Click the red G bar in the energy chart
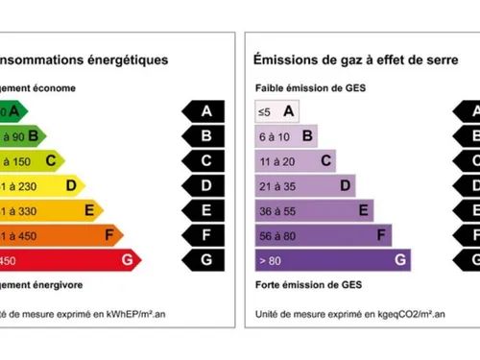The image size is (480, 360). click(67, 259)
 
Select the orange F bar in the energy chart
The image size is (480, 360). click(58, 234)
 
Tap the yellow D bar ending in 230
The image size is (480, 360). click(38, 185)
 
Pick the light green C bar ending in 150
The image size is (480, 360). click(29, 160)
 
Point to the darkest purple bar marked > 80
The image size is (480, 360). click(331, 259)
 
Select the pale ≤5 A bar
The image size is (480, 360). click(277, 111)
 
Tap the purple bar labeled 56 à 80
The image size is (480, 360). click(323, 234)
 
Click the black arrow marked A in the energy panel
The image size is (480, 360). click(204, 111)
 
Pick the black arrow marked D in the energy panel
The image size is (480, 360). click(204, 185)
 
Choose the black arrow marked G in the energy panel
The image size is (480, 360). click(204, 259)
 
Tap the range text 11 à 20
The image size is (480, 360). click(278, 160)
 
